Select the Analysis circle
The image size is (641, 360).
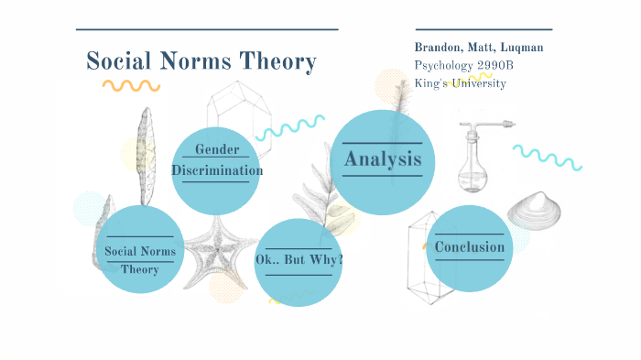pyautogui.click(x=382, y=159)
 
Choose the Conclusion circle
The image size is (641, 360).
pyautogui.click(x=469, y=247)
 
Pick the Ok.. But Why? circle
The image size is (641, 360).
pyautogui.click(x=299, y=261)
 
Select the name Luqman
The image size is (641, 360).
pyautogui.click(x=527, y=48)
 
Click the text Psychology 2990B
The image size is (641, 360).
pyautogui.click(x=458, y=65)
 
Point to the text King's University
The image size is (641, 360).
pyautogui.click(x=460, y=83)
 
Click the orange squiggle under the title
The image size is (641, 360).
pyautogui.click(x=131, y=85)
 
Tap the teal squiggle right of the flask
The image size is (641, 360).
pyautogui.click(x=547, y=156)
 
